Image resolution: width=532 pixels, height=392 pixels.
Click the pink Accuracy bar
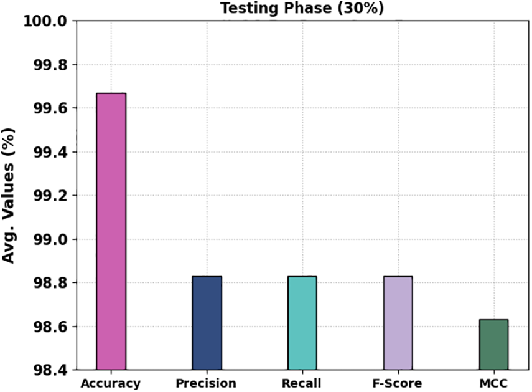click(x=111, y=231)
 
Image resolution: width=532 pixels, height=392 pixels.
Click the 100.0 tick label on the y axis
click(x=44, y=21)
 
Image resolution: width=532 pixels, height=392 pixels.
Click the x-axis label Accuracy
click(x=111, y=383)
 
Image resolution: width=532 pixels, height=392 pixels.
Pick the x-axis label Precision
click(x=207, y=383)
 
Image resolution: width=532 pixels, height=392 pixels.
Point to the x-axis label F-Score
click(x=397, y=383)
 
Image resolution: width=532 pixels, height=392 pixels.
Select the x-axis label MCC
click(x=493, y=383)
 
